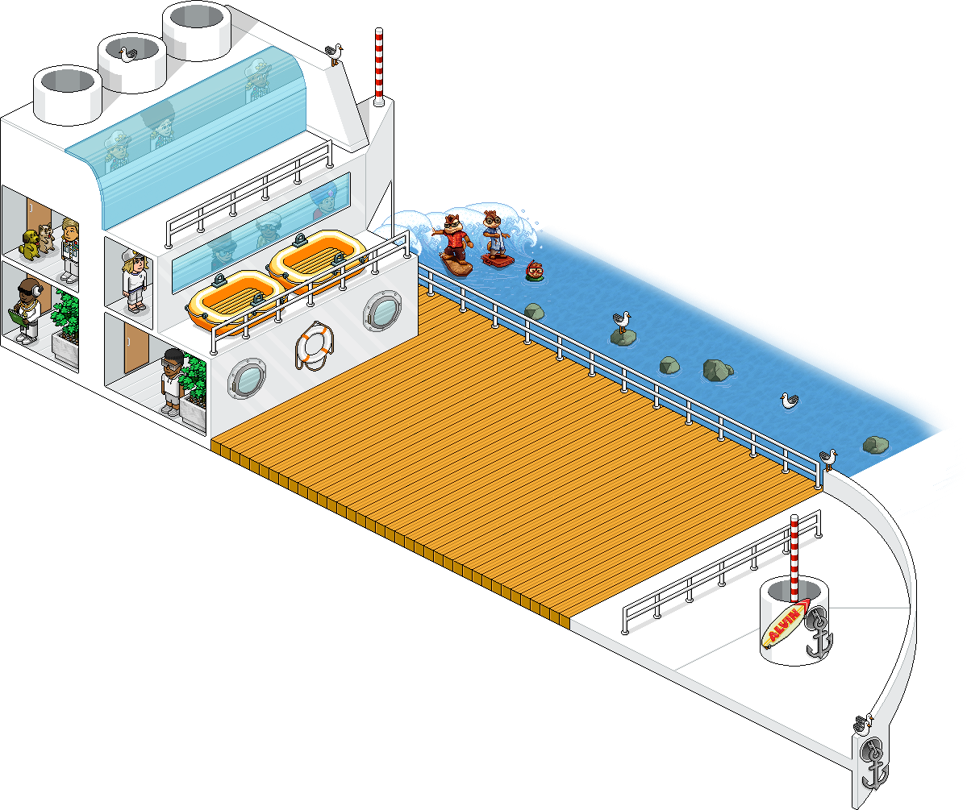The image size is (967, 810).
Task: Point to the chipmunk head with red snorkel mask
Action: click(x=534, y=269)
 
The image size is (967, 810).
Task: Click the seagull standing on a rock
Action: click(x=621, y=321)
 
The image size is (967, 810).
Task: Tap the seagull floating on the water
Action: click(x=790, y=401)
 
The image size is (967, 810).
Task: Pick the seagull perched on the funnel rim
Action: click(x=127, y=54)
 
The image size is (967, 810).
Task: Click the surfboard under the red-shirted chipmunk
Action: click(x=456, y=265)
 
